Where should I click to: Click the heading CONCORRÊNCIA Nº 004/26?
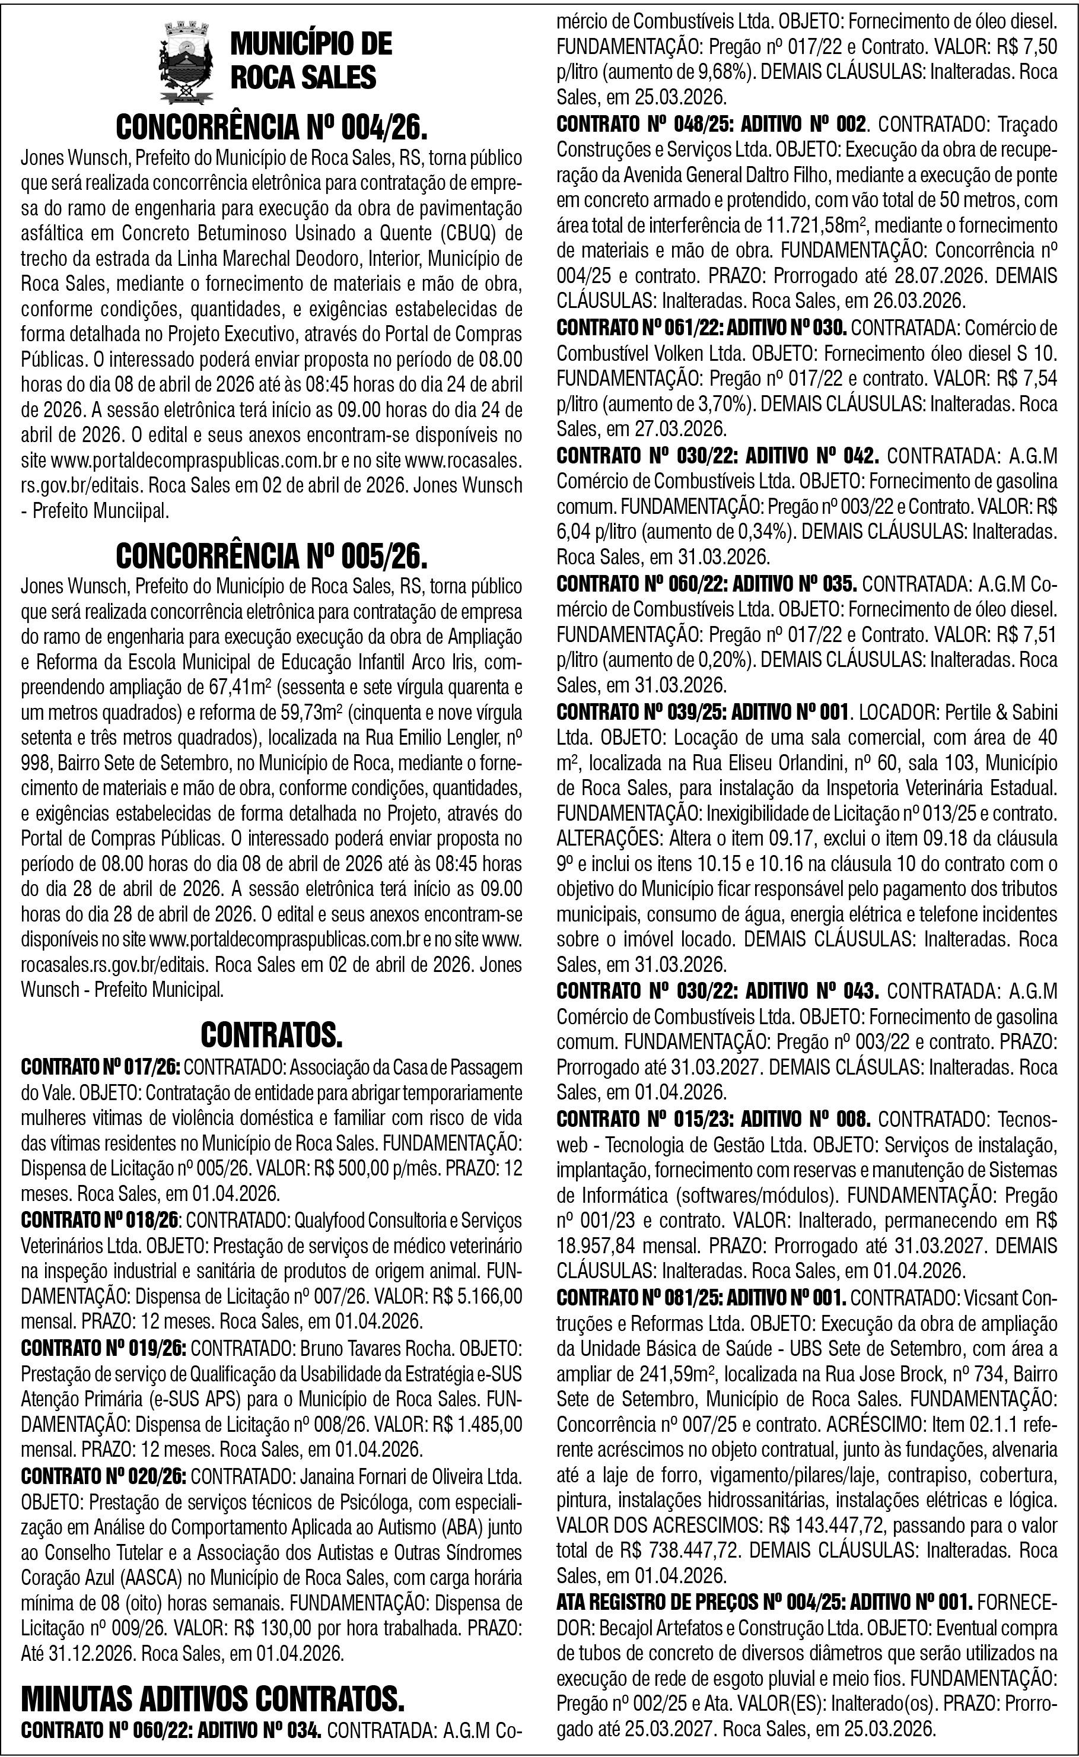pyautogui.click(x=272, y=128)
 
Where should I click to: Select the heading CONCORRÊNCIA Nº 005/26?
pyautogui.click(x=272, y=557)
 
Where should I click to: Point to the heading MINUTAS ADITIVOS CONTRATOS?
pyautogui.click(x=213, y=1700)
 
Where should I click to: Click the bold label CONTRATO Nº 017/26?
pyautogui.click(x=102, y=1067)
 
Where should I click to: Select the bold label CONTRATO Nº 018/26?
pyautogui.click(x=101, y=1221)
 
